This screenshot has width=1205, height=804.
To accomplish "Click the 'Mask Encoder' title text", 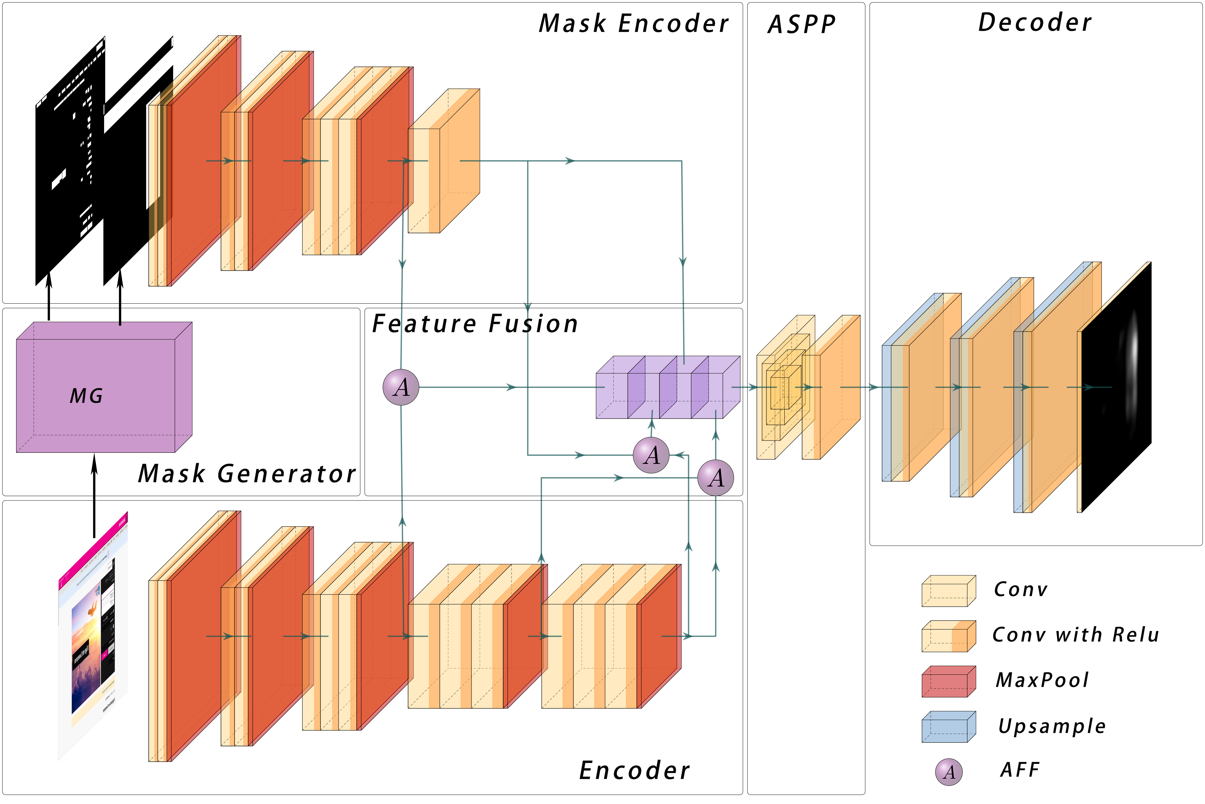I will tap(634, 24).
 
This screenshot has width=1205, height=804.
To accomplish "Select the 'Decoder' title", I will tap(1035, 23).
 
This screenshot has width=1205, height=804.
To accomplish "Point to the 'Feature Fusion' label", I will tap(475, 324).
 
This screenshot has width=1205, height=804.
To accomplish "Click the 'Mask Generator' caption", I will tap(247, 474).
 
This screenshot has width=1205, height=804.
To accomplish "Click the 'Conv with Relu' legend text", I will tap(1075, 635).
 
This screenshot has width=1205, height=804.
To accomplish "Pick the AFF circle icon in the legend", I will tap(949, 772).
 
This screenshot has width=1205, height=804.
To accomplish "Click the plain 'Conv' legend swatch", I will tap(948, 591).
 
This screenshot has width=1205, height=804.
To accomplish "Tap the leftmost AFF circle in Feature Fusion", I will tap(401, 387).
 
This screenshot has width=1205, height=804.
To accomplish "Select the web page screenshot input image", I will tap(93, 636).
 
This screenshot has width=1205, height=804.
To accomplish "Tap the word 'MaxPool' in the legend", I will tap(1042, 680).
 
